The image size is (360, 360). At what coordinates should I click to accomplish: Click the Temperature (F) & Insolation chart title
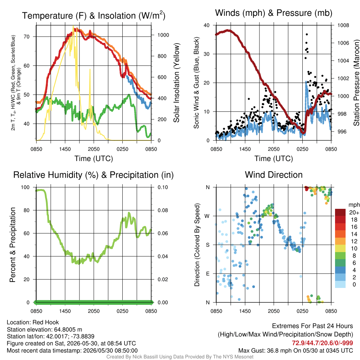[94, 15]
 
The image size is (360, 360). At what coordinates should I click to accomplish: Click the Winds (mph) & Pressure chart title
[274, 13]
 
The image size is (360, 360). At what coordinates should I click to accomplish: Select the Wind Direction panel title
[274, 175]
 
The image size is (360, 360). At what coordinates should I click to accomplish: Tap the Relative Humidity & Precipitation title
[94, 175]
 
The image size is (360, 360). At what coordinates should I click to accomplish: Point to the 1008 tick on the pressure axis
[343, 25]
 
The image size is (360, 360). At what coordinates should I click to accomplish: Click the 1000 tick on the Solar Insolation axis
[163, 35]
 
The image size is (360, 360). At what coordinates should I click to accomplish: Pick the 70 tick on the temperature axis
[27, 37]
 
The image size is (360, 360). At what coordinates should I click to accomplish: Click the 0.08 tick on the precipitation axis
[163, 210]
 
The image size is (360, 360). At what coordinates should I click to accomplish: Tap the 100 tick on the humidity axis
[25, 187]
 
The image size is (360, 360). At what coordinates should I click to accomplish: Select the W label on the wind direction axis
[207, 216]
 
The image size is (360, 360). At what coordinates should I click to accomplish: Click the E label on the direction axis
[207, 274]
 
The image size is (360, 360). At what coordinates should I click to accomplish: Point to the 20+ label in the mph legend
[354, 213]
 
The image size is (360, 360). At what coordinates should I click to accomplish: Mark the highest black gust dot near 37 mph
[307, 34]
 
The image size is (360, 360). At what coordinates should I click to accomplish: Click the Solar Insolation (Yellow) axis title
[176, 83]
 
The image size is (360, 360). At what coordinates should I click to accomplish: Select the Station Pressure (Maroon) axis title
[356, 83]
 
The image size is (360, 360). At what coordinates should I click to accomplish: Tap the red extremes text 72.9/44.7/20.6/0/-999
[322, 343]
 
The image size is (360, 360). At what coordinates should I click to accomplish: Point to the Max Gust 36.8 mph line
[295, 351]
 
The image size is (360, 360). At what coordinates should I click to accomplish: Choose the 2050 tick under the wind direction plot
[274, 311]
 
